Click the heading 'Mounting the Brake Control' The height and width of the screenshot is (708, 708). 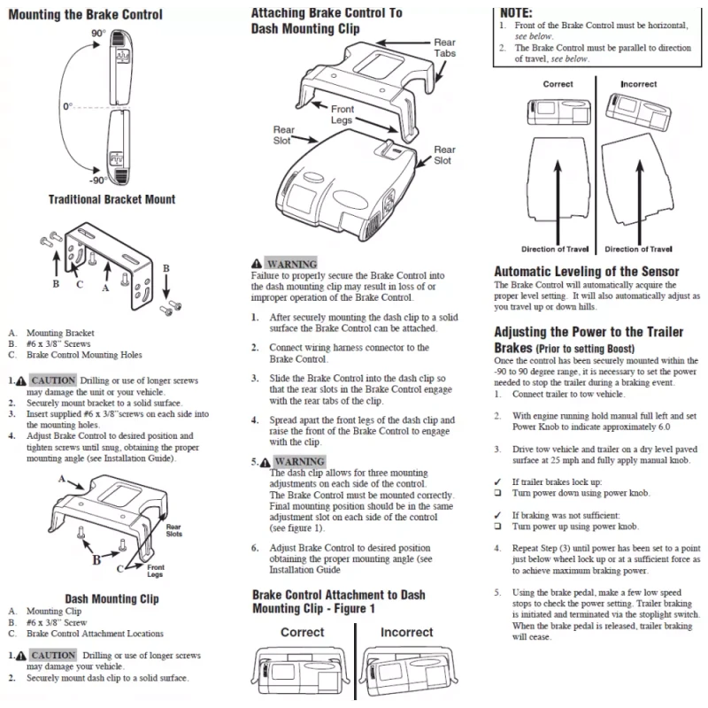click(x=85, y=14)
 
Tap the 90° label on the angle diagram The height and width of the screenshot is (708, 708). click(x=98, y=33)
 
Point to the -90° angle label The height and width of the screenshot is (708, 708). click(x=97, y=181)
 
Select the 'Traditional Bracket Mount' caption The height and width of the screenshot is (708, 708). click(x=112, y=200)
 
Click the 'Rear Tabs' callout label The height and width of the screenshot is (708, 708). click(x=444, y=48)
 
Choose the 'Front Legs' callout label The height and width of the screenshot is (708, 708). click(x=342, y=115)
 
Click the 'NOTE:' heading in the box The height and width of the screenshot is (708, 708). click(x=516, y=13)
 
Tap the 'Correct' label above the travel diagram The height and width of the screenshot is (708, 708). click(x=558, y=85)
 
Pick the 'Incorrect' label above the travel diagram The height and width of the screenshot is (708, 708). click(x=638, y=85)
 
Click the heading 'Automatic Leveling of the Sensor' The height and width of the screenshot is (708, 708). click(x=586, y=272)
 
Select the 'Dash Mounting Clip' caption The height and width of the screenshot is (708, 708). click(x=112, y=599)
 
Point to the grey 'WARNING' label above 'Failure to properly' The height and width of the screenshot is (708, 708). click(x=291, y=264)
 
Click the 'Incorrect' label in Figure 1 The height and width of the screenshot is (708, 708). click(x=406, y=633)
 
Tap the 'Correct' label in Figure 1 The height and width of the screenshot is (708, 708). click(x=303, y=633)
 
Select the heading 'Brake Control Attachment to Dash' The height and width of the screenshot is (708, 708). click(x=339, y=596)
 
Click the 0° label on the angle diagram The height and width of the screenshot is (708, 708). click(x=67, y=107)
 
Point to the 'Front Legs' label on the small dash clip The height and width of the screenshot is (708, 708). click(x=155, y=570)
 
